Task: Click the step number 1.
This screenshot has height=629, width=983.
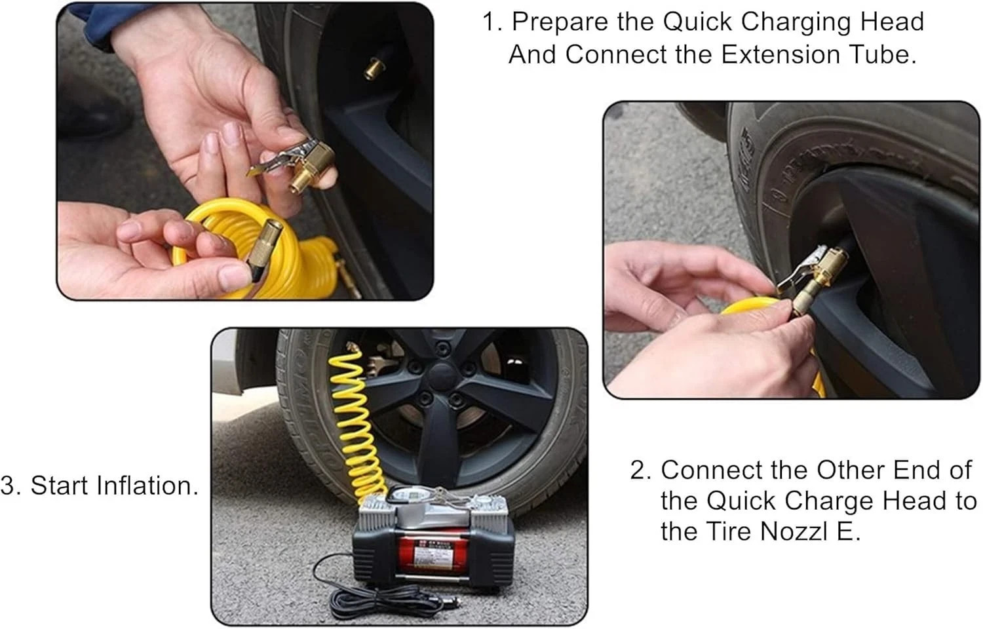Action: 490,22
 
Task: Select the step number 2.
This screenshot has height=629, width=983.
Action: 639,470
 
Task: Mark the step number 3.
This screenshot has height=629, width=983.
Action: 8,486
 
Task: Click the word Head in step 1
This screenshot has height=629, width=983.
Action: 893,22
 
